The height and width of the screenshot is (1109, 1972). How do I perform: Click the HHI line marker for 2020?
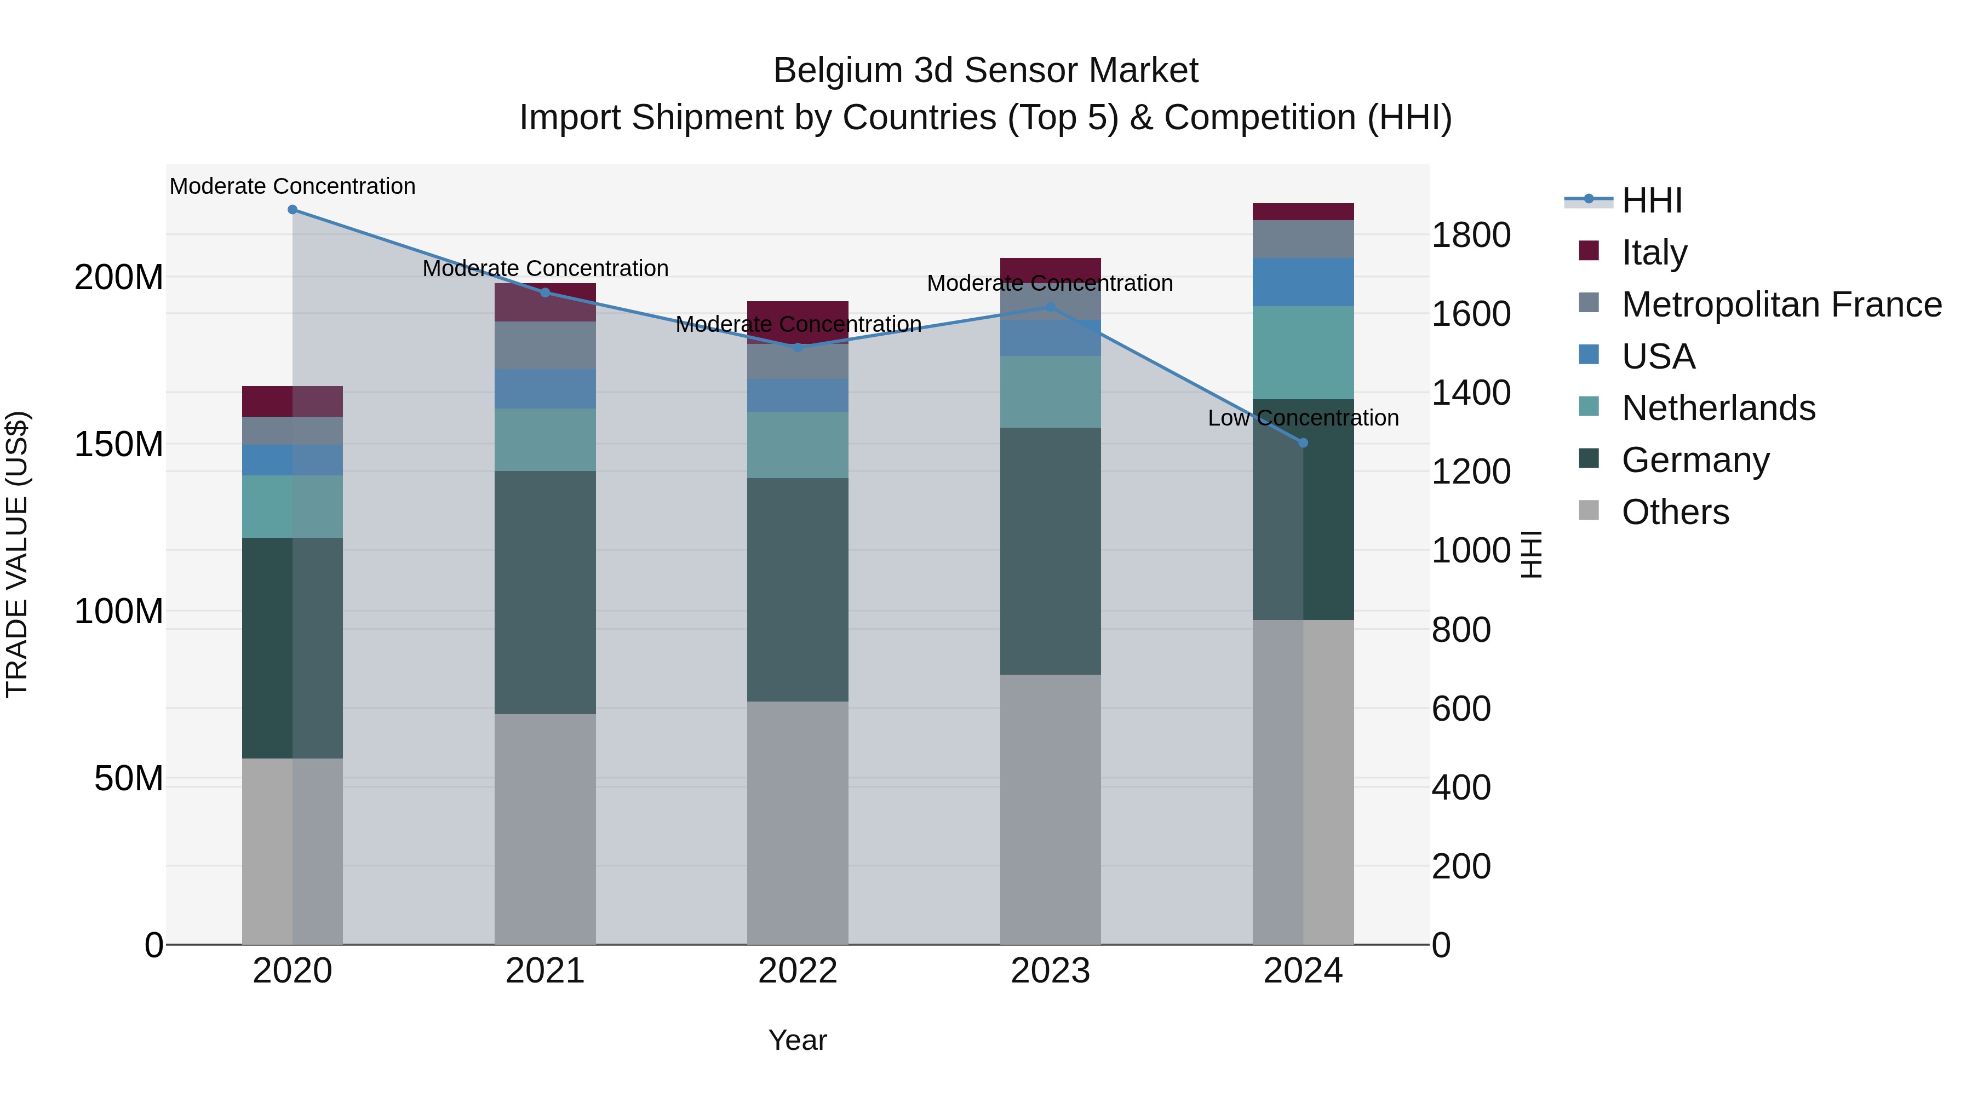[x=293, y=210]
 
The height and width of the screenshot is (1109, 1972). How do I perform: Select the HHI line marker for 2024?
[x=1304, y=443]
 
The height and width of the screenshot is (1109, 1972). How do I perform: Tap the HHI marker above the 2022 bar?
[x=798, y=347]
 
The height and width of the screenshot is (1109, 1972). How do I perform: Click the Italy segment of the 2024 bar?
[x=1304, y=212]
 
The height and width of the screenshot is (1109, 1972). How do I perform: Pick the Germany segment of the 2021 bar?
[x=545, y=593]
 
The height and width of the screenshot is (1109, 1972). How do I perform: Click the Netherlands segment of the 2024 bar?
[x=1304, y=353]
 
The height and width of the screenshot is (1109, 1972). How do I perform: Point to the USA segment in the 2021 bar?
[x=545, y=389]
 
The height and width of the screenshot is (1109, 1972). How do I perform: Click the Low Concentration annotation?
[x=1303, y=418]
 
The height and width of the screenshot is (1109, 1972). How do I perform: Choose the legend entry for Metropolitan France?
[x=1781, y=304]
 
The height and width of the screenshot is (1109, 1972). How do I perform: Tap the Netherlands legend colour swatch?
[x=1589, y=406]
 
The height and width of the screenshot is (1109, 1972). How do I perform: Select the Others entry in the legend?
[x=1675, y=512]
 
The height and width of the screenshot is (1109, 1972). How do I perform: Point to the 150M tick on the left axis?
[x=119, y=445]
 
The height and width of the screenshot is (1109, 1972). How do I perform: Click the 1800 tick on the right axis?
[x=1471, y=235]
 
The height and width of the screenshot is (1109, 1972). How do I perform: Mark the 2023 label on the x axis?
[x=1050, y=971]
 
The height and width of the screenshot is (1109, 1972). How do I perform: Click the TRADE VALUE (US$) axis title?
[x=17, y=554]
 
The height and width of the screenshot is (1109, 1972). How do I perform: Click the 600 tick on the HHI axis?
[x=1460, y=709]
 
